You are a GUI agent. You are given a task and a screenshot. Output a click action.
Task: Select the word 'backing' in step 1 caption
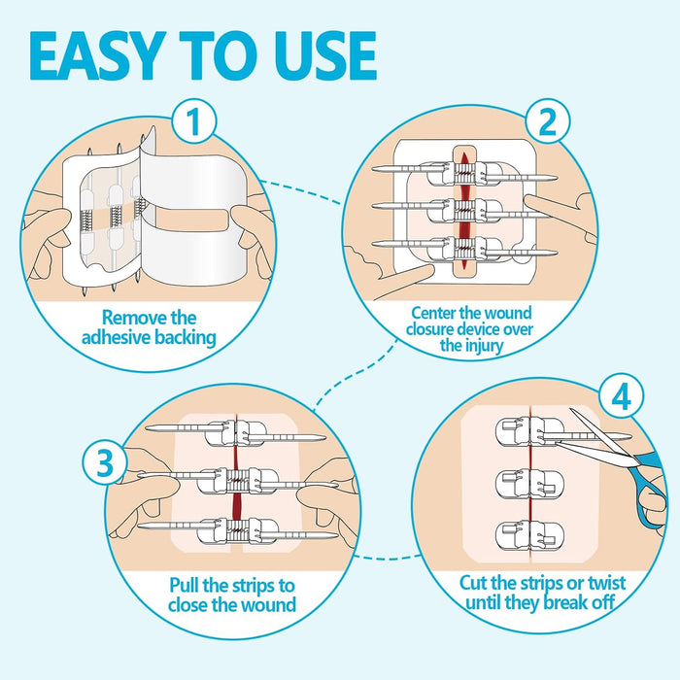coord(191,339)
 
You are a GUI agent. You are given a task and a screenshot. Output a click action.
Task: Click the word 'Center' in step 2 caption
coord(435,313)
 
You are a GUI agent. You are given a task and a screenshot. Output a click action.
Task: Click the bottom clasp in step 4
coord(526,532)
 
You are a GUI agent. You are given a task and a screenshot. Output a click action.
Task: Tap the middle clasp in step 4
coord(526,481)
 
